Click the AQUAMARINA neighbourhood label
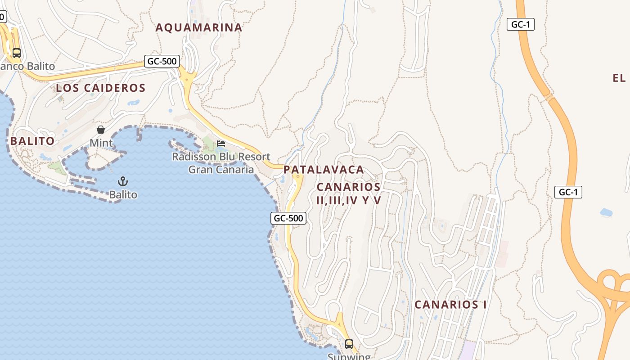point(199,27)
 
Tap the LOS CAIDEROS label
point(101,88)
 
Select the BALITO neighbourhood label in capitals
point(32,141)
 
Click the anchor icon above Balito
point(123,181)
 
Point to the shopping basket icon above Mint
point(101,130)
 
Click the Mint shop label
point(101,143)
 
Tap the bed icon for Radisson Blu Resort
point(221,144)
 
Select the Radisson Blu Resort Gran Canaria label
point(221,163)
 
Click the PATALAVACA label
point(324,170)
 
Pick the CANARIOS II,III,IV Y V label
point(349,193)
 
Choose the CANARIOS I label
point(450,305)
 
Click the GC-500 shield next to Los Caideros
point(162,61)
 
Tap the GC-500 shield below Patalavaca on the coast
point(288,218)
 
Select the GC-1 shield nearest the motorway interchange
point(568,192)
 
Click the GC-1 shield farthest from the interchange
point(521,24)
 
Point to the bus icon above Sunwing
point(349,344)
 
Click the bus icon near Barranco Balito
point(17,53)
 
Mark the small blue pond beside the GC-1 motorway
point(606,212)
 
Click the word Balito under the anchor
point(123,195)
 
